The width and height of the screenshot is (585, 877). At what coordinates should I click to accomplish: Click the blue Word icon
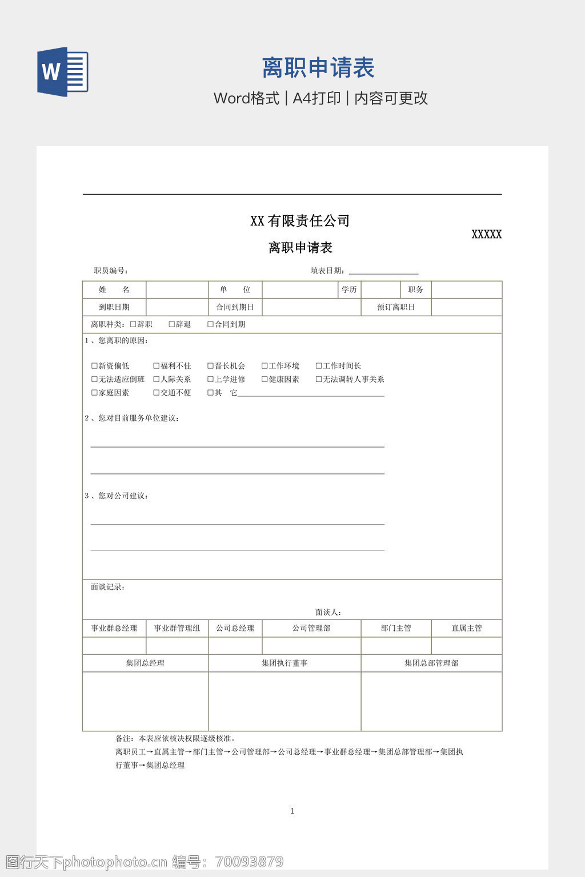click(x=63, y=71)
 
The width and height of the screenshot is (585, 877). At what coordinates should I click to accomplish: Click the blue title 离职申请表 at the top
click(x=318, y=68)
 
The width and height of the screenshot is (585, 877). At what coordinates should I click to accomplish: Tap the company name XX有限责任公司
click(x=300, y=221)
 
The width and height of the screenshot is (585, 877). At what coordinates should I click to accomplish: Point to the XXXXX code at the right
click(x=486, y=234)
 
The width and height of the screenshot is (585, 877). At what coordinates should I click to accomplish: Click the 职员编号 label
click(x=111, y=271)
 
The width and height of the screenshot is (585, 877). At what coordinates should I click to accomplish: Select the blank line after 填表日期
click(x=383, y=272)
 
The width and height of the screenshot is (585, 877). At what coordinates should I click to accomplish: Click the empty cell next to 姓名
click(x=177, y=289)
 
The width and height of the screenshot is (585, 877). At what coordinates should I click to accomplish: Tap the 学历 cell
click(x=349, y=289)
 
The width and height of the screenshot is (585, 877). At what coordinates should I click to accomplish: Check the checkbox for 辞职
click(x=133, y=324)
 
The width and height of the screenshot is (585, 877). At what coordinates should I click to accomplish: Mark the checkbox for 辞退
click(x=172, y=324)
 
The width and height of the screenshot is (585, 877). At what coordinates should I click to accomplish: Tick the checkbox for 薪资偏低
click(x=95, y=366)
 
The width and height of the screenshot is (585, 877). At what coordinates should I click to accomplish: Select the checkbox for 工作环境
click(x=265, y=366)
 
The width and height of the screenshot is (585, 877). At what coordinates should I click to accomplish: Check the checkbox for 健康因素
click(x=265, y=379)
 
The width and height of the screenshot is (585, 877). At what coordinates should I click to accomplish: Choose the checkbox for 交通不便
click(x=157, y=393)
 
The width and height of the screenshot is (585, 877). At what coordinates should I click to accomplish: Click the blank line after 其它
click(x=311, y=393)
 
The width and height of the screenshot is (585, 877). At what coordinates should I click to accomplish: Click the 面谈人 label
click(x=328, y=612)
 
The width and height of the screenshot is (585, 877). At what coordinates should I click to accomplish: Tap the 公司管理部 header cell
click(x=311, y=628)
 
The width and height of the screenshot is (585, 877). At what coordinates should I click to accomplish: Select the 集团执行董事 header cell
click(x=285, y=663)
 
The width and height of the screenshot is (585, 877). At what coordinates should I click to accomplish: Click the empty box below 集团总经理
click(x=145, y=701)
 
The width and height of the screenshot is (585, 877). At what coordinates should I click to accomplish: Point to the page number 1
click(x=292, y=811)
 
